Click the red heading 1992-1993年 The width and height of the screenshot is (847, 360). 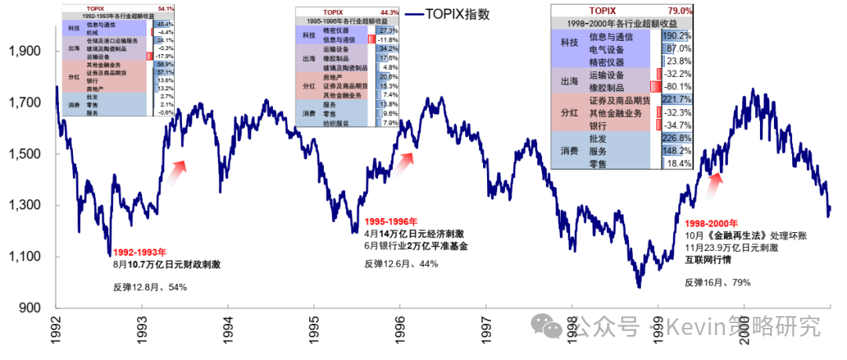pyautogui.click(x=140, y=253)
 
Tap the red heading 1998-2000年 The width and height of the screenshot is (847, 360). pyautogui.click(x=712, y=224)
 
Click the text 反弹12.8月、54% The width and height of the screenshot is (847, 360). pyautogui.click(x=150, y=287)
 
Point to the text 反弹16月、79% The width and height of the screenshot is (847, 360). pyautogui.click(x=718, y=282)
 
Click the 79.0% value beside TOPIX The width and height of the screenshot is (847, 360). pyautogui.click(x=678, y=11)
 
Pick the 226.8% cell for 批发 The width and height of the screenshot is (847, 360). pyautogui.click(x=676, y=139)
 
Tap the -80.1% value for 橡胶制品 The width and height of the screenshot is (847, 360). pyautogui.click(x=676, y=86)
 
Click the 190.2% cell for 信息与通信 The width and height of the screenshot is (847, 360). pyautogui.click(x=676, y=36)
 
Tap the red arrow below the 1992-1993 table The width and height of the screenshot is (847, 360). pyautogui.click(x=179, y=165)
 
